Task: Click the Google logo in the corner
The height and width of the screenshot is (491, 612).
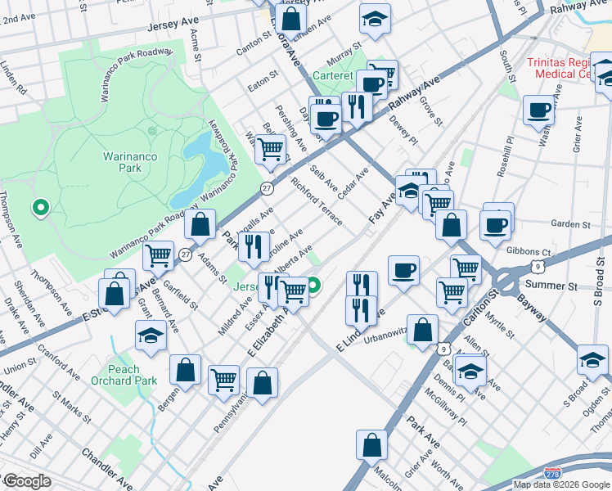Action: pos(26,481)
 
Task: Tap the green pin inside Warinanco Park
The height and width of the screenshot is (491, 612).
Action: pos(39,208)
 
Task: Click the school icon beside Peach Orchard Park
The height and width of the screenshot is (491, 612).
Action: pos(150,336)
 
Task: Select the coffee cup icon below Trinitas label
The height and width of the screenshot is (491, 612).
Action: pos(539,110)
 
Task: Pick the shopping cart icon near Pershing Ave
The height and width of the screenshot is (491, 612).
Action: pos(270,150)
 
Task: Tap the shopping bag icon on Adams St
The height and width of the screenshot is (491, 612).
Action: pos(200,224)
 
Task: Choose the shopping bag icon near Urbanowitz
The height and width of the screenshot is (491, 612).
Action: pos(422,331)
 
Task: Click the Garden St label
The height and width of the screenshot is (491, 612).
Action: pos(569,224)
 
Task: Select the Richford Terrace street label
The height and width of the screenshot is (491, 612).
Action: pos(317,202)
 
